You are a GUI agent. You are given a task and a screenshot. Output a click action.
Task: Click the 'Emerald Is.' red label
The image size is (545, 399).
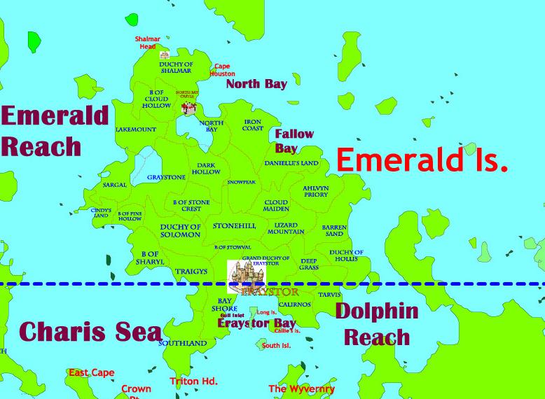point(422,161)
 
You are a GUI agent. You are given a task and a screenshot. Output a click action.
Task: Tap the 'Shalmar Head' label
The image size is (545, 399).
point(148,43)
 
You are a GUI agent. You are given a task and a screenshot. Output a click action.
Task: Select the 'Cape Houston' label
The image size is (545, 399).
point(222,70)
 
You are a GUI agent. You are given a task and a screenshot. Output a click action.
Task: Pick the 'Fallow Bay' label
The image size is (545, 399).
point(294,141)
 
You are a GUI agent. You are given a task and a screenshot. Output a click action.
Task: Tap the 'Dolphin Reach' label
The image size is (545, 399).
point(376,324)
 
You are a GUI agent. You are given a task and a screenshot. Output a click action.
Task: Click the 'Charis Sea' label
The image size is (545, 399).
point(90,331)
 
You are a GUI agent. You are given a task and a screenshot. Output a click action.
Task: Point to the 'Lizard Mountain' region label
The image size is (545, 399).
point(286,227)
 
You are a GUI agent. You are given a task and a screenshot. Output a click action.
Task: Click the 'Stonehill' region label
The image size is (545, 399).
point(234,225)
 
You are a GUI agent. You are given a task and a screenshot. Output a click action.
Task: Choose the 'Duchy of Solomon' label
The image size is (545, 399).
point(180,230)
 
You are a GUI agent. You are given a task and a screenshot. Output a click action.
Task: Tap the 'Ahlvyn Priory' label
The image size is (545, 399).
point(315,191)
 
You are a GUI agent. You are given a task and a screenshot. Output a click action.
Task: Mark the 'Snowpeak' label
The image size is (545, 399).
point(242,182)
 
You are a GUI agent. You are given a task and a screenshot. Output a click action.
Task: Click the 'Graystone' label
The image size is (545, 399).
point(166,177)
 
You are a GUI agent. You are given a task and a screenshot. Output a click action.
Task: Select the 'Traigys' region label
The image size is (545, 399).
point(191,271)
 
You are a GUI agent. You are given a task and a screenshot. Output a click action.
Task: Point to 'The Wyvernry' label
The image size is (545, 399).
point(301,388)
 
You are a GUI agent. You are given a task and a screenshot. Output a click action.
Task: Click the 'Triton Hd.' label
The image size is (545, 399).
point(194,381)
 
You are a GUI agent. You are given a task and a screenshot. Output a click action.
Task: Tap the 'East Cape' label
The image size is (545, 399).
point(91,373)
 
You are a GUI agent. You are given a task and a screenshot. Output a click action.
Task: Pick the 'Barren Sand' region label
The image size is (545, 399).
point(334,230)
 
